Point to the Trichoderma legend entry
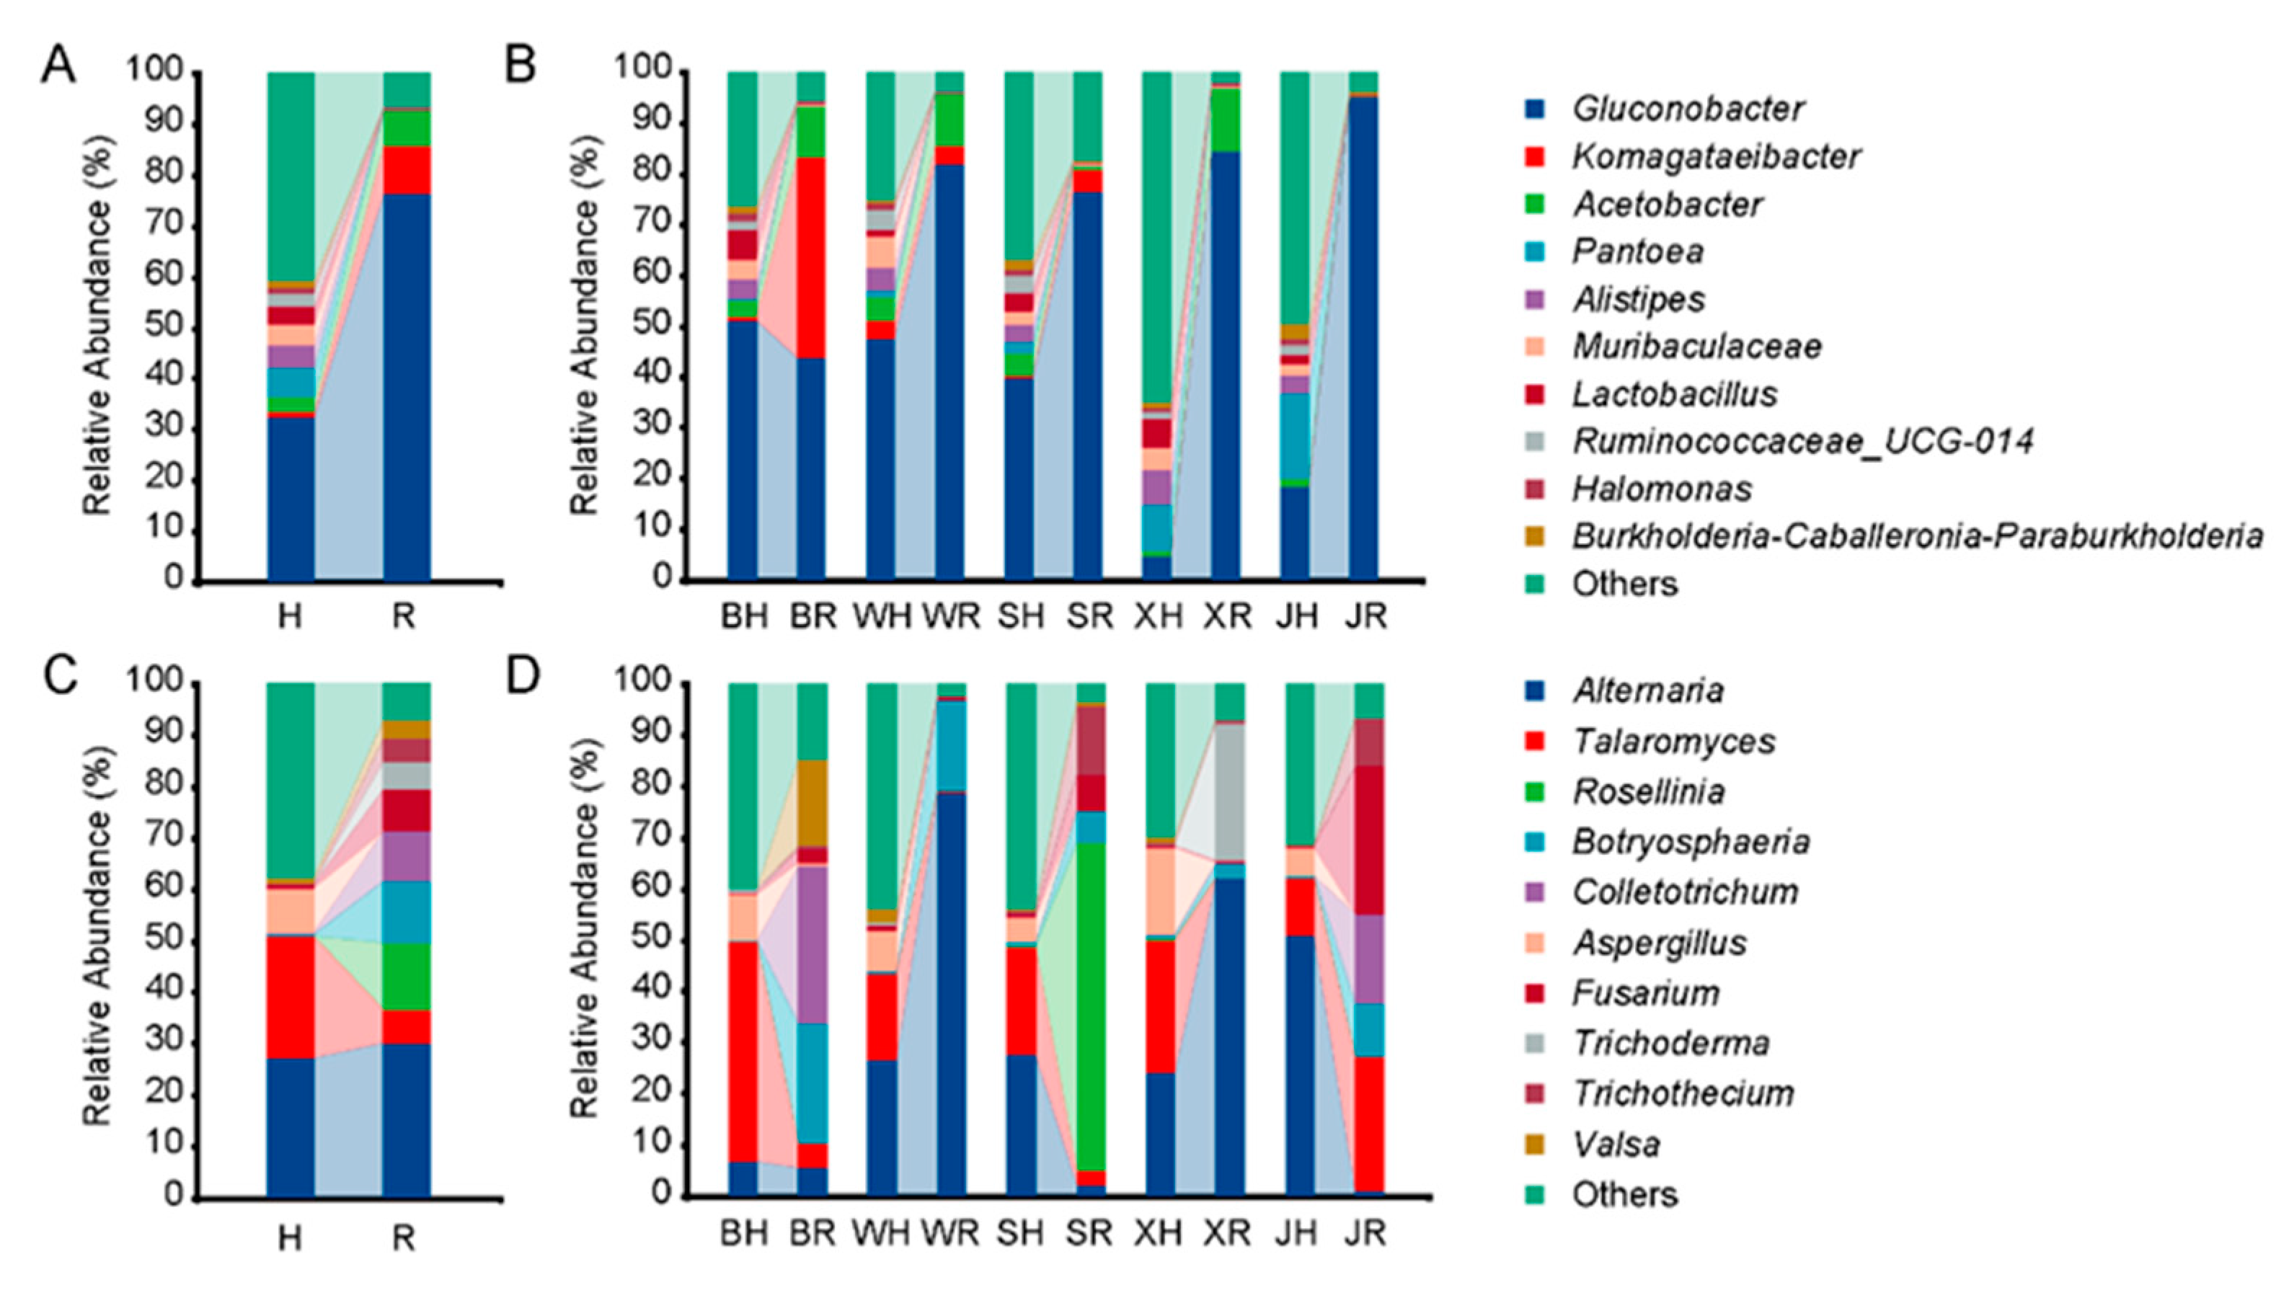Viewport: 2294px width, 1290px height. click(x=1670, y=1043)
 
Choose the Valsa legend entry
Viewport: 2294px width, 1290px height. click(x=1616, y=1144)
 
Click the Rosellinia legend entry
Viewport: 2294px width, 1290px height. click(x=1647, y=791)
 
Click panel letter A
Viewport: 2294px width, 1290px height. click(x=59, y=68)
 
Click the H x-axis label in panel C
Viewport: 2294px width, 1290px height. click(x=289, y=1238)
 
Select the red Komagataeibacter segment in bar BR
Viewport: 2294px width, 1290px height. click(x=810, y=258)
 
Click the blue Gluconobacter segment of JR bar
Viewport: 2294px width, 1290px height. click(x=1364, y=338)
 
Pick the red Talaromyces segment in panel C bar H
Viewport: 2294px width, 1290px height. click(x=291, y=997)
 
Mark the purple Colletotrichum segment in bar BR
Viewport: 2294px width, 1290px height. click(x=811, y=943)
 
